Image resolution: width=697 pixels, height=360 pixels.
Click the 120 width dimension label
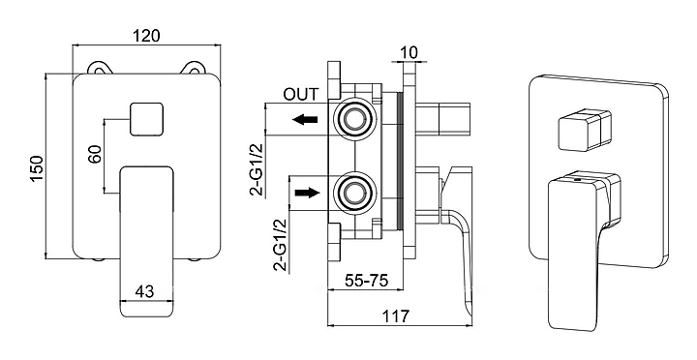[x=146, y=36]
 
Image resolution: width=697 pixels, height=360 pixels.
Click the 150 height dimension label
[x=37, y=168]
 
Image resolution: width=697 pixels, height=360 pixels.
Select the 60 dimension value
[x=95, y=154]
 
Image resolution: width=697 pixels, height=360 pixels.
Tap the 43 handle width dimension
[x=144, y=291]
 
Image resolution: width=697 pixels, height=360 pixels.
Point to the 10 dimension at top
[x=409, y=52]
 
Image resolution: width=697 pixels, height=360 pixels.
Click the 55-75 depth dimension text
[x=367, y=281]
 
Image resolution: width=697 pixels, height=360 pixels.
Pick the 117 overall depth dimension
[x=396, y=316]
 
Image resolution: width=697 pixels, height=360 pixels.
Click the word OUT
[x=301, y=94]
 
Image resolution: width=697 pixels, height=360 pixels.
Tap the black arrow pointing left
[x=305, y=119]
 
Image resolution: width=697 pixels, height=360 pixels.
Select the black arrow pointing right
[x=307, y=192]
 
